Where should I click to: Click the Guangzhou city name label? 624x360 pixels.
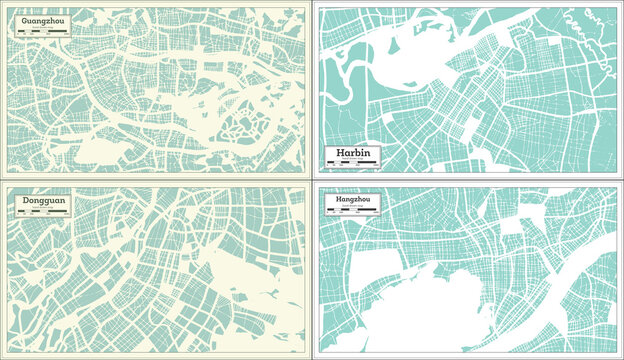click(x=41, y=19)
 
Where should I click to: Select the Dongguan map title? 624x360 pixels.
click(x=38, y=201)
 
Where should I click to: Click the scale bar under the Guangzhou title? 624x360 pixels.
click(x=41, y=33)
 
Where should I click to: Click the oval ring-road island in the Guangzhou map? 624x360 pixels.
click(x=243, y=129)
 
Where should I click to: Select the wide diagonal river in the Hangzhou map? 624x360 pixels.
click(x=560, y=290)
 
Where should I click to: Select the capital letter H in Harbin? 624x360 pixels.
click(x=328, y=152)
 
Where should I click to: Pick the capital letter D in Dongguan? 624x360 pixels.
click(x=22, y=201)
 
